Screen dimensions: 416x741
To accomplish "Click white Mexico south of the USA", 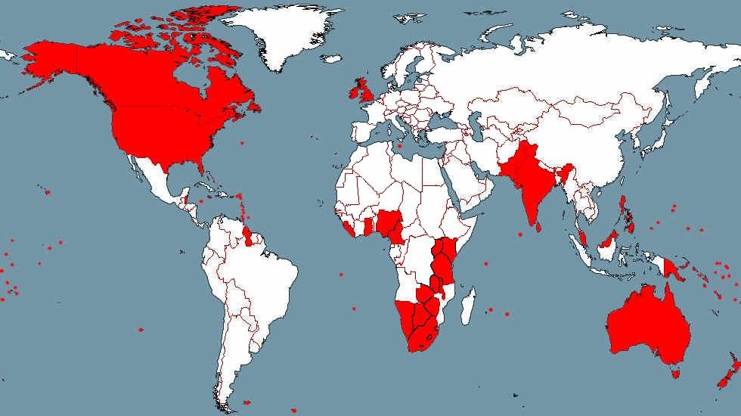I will point(159,182).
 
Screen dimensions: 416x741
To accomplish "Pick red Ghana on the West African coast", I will point(369,226).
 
